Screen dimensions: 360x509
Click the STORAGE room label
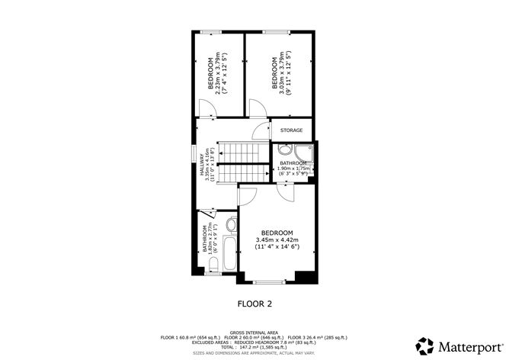pos(292,130)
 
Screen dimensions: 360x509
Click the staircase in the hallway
pos(242,162)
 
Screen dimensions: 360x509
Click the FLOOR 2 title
pos(254,303)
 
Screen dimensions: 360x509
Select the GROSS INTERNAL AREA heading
pos(254,332)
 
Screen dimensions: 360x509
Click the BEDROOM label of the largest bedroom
pos(277,232)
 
